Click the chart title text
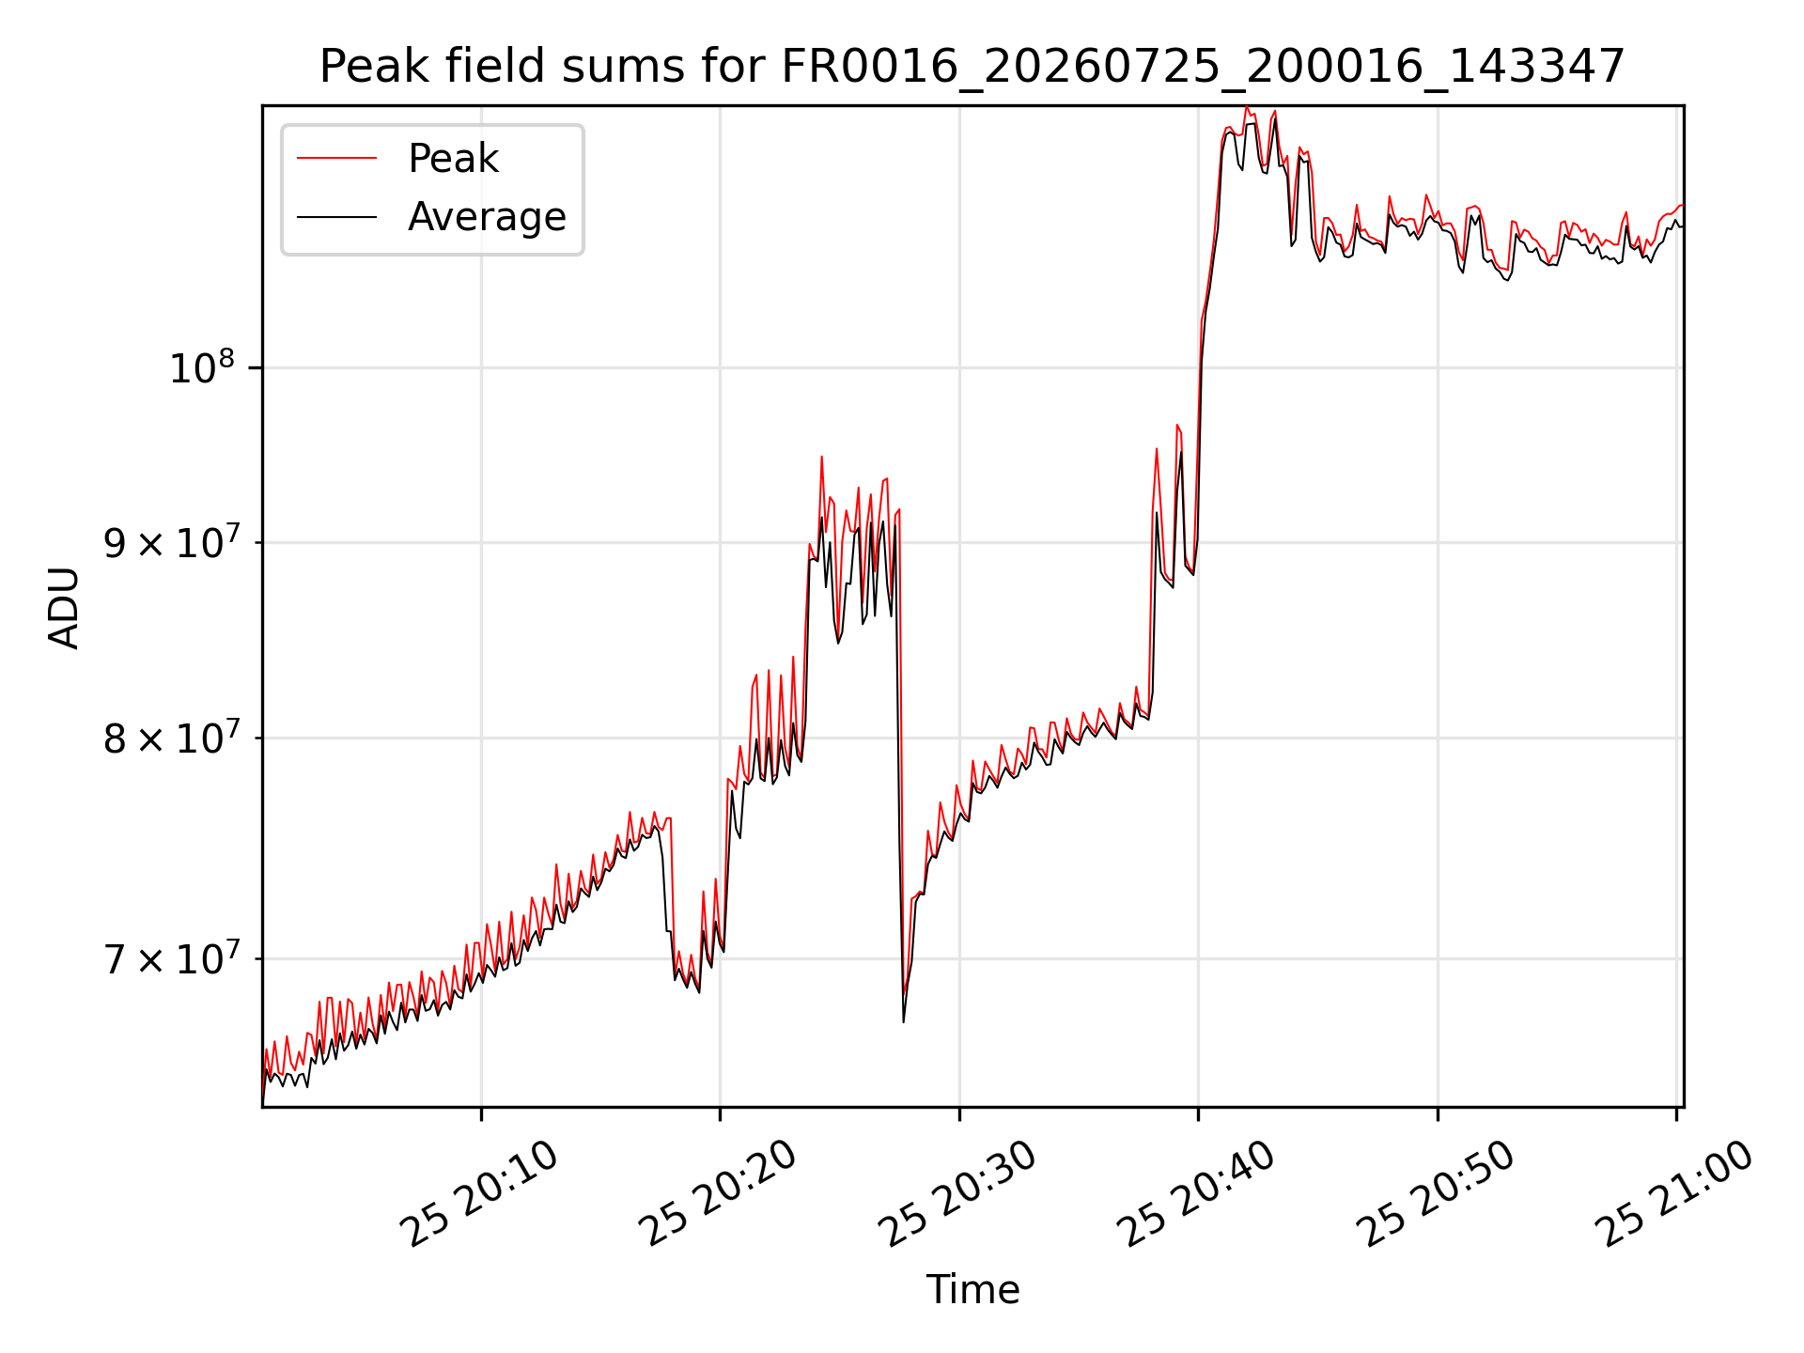click(x=972, y=67)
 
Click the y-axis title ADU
click(x=64, y=607)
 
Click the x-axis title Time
click(x=972, y=1290)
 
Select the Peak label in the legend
click(x=453, y=159)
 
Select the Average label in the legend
click(x=487, y=217)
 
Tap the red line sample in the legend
click(x=336, y=159)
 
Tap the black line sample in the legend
click(x=336, y=217)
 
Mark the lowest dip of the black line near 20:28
click(x=903, y=1021)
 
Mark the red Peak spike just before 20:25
click(x=821, y=458)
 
